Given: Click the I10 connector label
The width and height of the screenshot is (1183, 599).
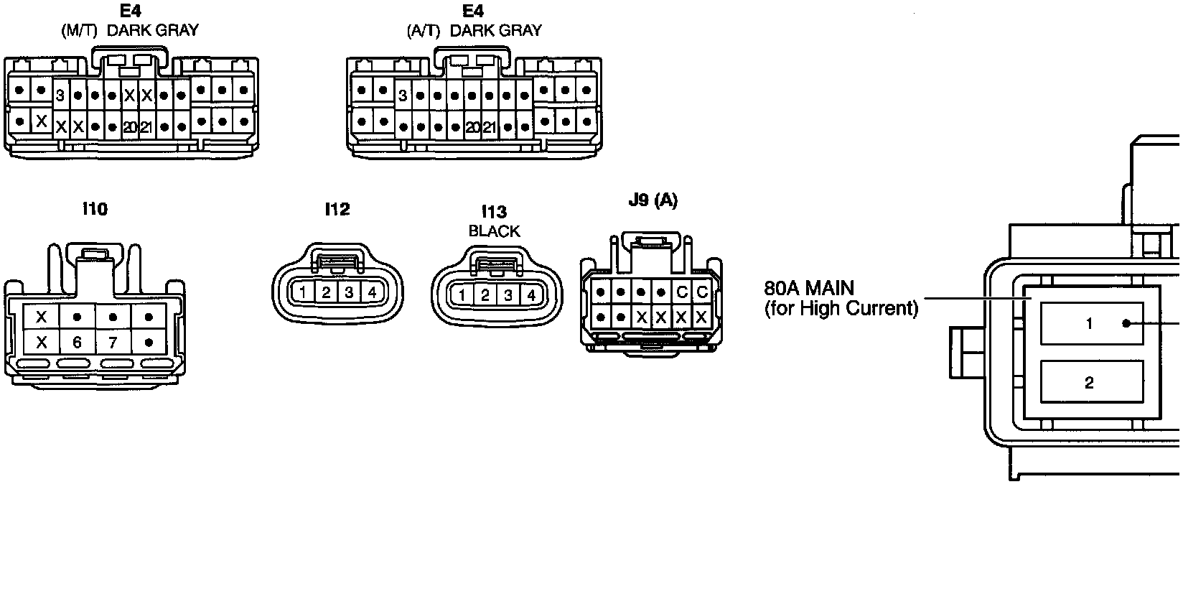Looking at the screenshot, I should coord(95,209).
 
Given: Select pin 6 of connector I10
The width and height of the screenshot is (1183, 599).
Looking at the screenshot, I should coord(77,343).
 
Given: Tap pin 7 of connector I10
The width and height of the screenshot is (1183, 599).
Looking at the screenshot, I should coord(112,343).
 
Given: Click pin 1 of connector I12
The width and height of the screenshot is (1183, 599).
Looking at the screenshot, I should coord(304,292).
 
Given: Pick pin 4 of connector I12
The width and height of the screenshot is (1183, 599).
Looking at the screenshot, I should coord(372,292).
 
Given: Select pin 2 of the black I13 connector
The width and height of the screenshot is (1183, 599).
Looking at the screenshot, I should coord(485,295).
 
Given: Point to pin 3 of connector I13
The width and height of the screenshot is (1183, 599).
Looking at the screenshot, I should coord(508,295).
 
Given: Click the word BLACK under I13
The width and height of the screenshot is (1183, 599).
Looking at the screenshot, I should coord(494,231).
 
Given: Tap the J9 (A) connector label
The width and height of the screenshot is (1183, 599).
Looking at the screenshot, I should coord(653,200).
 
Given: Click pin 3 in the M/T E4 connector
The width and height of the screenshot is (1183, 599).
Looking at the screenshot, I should coord(60,96).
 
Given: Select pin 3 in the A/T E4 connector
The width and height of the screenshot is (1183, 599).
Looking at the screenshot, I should coord(403,96).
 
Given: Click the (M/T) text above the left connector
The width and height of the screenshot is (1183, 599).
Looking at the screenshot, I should coord(79,31).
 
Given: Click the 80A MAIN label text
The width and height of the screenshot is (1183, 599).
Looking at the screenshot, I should coord(809,289).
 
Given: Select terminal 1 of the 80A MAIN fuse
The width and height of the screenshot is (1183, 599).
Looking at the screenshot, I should coord(1090,324).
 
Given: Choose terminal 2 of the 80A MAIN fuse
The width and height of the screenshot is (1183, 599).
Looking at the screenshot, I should coord(1090,383).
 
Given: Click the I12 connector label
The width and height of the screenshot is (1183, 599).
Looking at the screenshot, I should coord(337,209).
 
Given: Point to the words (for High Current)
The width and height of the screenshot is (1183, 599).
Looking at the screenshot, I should coord(841,309).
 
